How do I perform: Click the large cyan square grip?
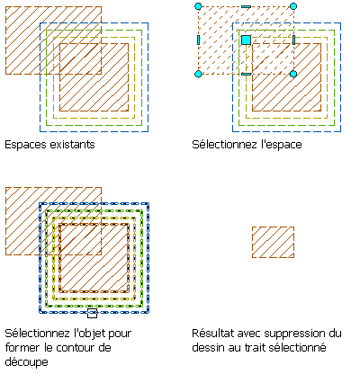click(x=246, y=40)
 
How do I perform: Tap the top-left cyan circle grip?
click(x=198, y=6)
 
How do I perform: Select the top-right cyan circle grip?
click(x=293, y=6)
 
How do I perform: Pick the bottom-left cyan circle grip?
click(x=198, y=74)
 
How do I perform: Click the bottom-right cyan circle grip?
click(x=293, y=74)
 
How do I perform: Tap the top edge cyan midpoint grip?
click(x=246, y=6)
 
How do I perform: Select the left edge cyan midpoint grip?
click(x=198, y=40)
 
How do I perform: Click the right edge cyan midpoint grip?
click(x=293, y=40)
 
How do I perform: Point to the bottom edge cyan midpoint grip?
click(x=246, y=74)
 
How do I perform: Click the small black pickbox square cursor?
click(x=92, y=313)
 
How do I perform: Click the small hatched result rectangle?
click(x=273, y=242)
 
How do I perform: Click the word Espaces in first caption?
click(x=26, y=145)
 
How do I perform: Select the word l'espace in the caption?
click(x=282, y=145)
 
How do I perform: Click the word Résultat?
click(x=211, y=334)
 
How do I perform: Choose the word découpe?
click(x=26, y=362)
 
